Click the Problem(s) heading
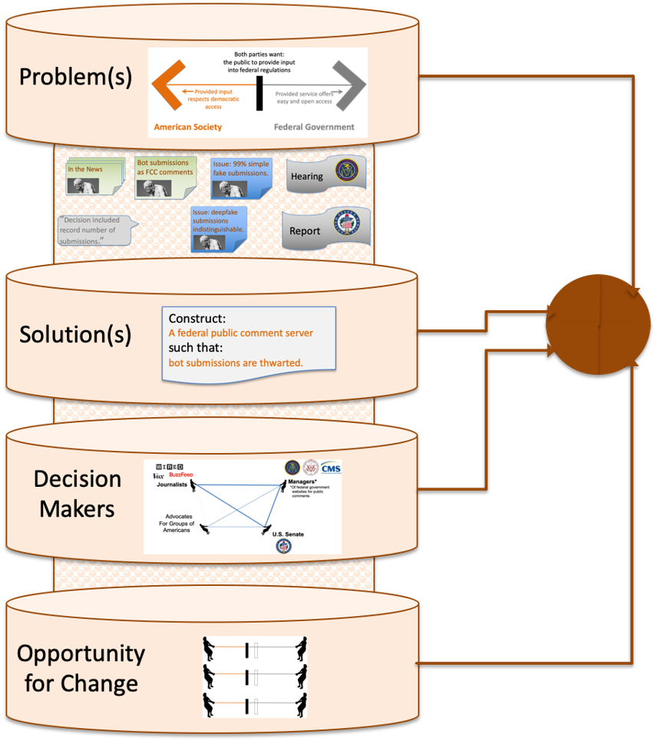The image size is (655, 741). [x=75, y=78]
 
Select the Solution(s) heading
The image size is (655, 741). [x=75, y=335]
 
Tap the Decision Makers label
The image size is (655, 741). [x=78, y=493]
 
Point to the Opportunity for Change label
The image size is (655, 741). [x=81, y=668]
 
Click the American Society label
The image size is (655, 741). [x=187, y=127]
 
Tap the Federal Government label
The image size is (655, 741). [x=314, y=127]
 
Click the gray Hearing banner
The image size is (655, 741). [x=325, y=174]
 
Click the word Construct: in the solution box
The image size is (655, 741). [x=197, y=319]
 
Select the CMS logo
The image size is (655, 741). [x=331, y=468]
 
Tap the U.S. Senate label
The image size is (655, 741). [x=289, y=534]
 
